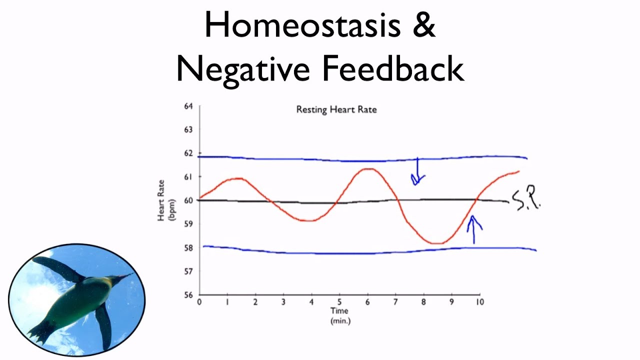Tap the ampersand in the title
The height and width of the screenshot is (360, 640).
pos(424,25)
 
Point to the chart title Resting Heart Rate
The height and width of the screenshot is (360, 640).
pos(336,109)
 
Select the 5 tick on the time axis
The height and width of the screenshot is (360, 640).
pos(339,302)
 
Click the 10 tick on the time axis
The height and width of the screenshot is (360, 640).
pos(479,302)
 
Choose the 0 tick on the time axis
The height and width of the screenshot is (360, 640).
pos(199,302)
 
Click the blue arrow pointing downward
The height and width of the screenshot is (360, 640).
pos(417,173)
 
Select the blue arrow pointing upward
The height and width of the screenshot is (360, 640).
pos(473,229)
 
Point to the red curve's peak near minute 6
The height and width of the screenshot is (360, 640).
pos(367,168)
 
